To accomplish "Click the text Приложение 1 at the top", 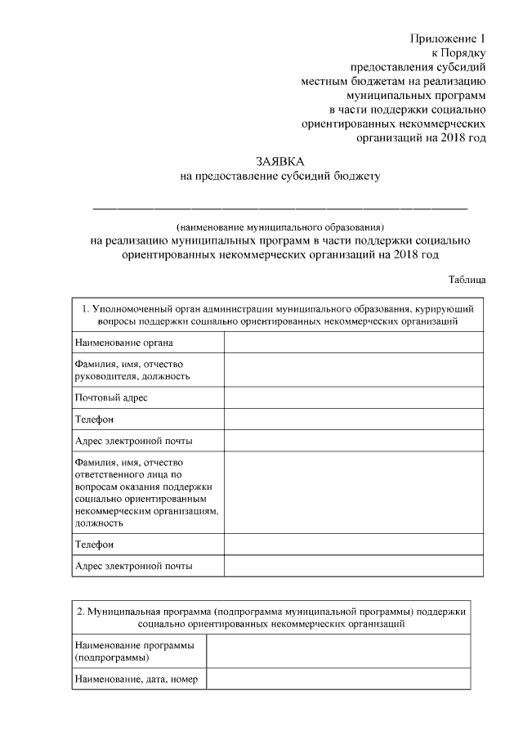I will pos(448,38).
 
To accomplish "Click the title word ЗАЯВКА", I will pos(279,160).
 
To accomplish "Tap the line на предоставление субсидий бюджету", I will pos(279,175).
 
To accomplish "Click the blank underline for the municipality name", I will pos(279,208).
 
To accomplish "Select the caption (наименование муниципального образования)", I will pos(279,226).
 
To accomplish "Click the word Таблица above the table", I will pos(467,279).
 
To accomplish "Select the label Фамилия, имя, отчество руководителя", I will pos(132,370).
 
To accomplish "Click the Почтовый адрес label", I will pos(111,397).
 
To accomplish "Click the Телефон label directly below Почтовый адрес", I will pos(94,419).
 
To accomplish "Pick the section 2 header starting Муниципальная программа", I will pos(270,617).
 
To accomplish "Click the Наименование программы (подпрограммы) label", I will pos(134,651).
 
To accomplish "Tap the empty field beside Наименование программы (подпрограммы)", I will pos(337,651).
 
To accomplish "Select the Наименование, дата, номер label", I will pos(136,679).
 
